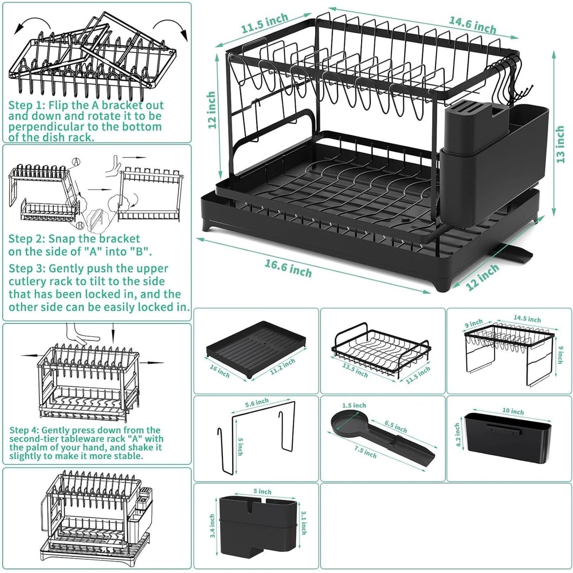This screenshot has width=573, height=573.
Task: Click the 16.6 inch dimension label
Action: click(288, 267)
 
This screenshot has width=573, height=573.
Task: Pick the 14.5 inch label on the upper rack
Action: click(527, 319)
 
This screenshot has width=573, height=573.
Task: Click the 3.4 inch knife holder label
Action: click(212, 525)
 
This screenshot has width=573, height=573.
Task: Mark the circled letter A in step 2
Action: click(76, 162)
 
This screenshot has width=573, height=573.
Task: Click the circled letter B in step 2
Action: click(81, 216)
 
